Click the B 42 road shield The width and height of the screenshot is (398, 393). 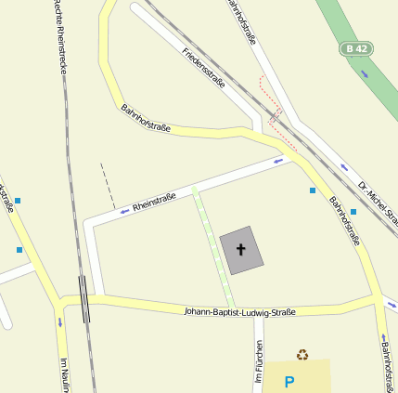355,48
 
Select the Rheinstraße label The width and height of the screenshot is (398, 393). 154,201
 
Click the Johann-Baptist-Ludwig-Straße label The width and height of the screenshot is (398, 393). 239,312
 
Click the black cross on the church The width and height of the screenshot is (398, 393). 241,249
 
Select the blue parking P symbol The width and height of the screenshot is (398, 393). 289,381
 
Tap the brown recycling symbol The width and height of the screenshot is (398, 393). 302,354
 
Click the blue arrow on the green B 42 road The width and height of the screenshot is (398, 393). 365,72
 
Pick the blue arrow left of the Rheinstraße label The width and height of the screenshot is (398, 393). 124,212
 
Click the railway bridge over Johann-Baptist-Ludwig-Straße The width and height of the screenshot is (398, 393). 84,299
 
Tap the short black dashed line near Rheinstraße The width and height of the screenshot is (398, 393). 108,186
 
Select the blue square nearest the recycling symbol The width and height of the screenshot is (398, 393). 353,212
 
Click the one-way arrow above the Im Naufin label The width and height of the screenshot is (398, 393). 60,322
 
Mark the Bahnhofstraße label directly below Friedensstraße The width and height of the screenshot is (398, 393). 146,118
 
